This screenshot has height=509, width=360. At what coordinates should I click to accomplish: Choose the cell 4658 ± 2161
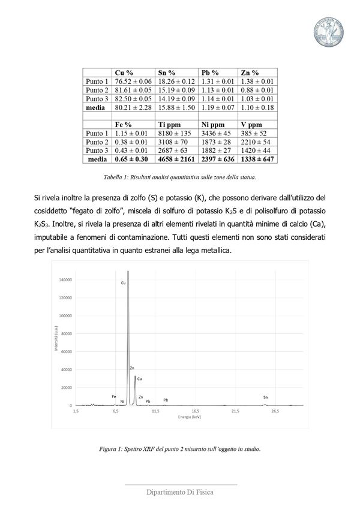click(x=176, y=160)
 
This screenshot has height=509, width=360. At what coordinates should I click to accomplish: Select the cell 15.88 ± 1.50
click(x=176, y=108)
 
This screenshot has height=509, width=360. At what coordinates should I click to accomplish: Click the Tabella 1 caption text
click(x=180, y=177)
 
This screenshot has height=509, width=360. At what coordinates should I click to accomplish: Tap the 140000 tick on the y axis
click(x=64, y=279)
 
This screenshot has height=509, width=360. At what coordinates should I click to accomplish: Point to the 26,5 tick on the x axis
click(x=275, y=411)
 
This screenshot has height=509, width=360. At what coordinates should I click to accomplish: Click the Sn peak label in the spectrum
click(x=265, y=397)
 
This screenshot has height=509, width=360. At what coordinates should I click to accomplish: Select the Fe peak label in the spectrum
click(x=113, y=396)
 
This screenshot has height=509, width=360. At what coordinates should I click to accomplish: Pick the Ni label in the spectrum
click(x=122, y=401)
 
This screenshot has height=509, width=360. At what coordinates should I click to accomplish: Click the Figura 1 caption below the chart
click(x=180, y=448)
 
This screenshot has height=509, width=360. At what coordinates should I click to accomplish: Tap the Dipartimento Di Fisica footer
click(x=180, y=492)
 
